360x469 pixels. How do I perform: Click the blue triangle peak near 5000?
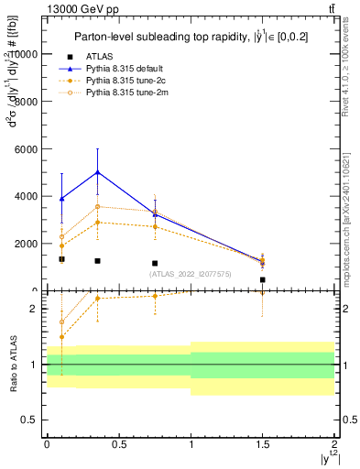[97, 172]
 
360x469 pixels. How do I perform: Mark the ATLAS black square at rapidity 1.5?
[263, 279]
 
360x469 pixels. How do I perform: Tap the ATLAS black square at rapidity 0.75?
[155, 263]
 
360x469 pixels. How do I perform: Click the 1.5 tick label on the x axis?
[263, 442]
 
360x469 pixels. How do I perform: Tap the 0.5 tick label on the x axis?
[119, 442]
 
